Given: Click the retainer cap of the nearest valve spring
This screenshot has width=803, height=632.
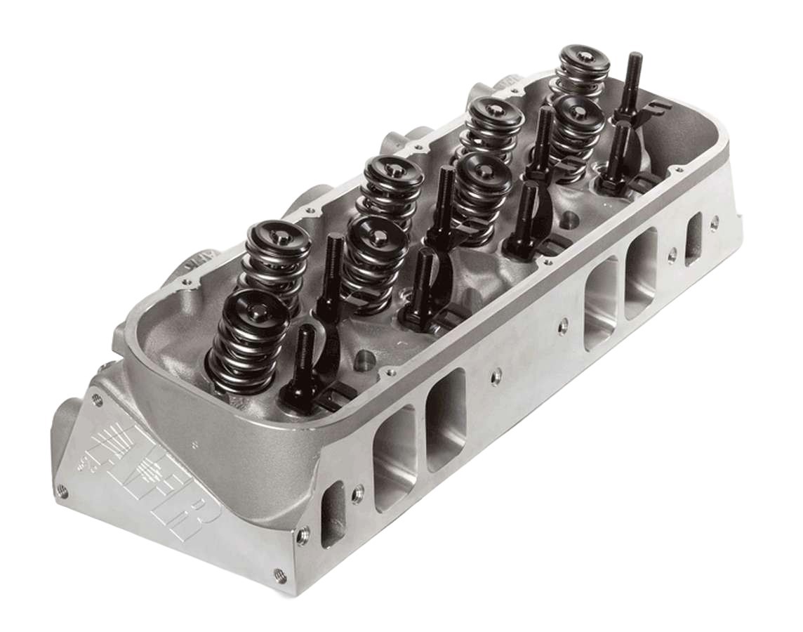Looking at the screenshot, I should (x=248, y=305).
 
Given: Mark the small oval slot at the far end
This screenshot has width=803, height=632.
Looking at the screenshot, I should (x=693, y=239).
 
